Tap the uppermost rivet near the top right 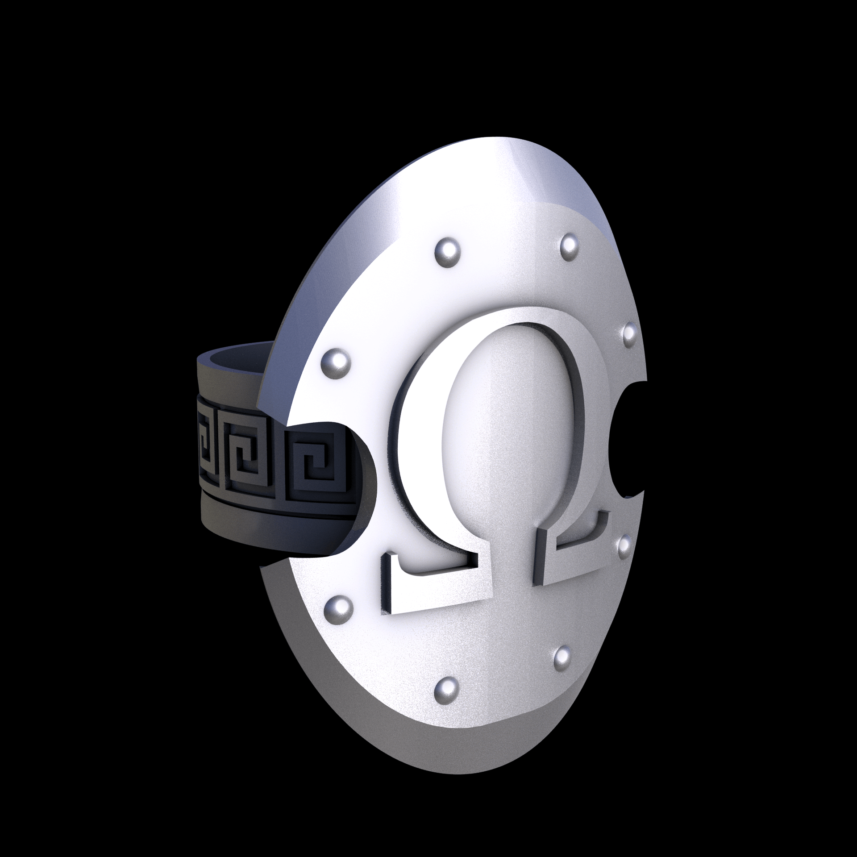(x=569, y=244)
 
